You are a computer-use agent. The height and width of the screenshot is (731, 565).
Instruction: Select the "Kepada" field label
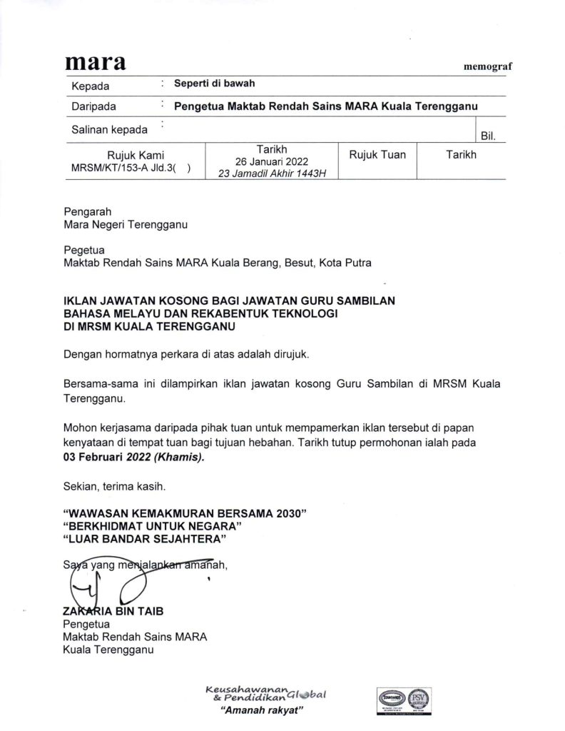(91, 87)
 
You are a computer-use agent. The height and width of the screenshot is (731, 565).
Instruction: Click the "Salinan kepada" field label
(110, 130)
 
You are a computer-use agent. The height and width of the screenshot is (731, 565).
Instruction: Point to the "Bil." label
(489, 135)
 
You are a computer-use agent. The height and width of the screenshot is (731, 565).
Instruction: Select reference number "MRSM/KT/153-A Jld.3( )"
(131, 168)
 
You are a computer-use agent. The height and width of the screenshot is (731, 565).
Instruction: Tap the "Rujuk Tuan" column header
(377, 155)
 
